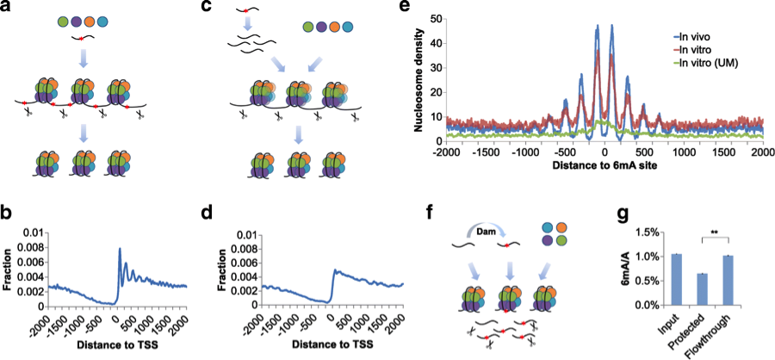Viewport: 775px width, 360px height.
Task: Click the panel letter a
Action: (8, 8)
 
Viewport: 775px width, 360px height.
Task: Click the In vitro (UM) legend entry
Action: (712, 63)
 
